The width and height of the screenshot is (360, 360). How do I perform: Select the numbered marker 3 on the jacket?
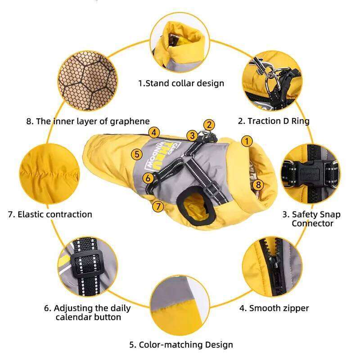pos(192,135)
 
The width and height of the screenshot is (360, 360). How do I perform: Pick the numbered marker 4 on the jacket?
pos(154,132)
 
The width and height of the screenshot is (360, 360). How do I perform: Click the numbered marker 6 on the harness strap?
pos(148,178)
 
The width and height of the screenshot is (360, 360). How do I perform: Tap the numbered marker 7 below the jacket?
pos(157,207)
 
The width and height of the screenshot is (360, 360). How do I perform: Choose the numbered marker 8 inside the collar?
pos(257,184)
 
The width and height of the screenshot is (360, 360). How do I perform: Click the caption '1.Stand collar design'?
pos(181,83)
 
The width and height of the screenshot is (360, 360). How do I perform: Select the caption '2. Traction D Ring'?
pos(274,121)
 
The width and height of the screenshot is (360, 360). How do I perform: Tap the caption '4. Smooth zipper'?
pos(274,308)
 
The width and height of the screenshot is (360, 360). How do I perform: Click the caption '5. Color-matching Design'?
pos(181,345)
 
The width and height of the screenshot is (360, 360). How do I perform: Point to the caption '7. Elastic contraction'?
pos(50,214)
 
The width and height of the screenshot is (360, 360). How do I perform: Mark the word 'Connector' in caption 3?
pos(312,223)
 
